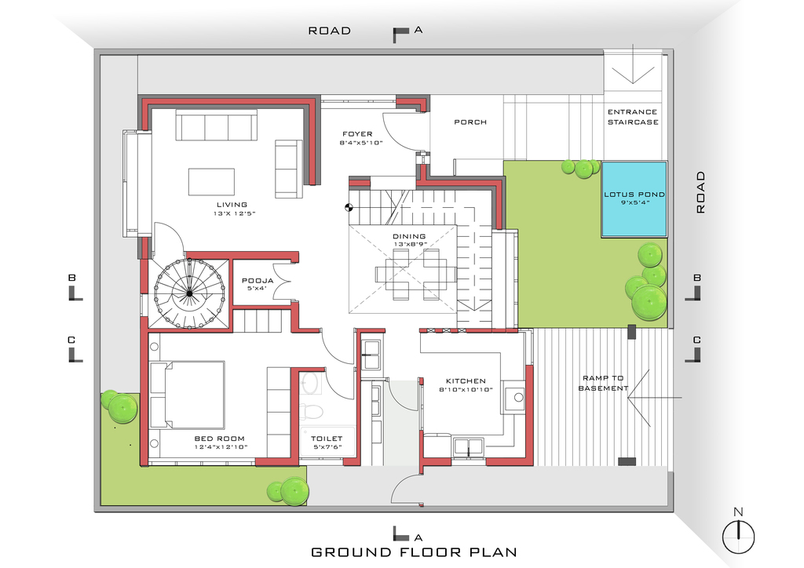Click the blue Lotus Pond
tap(634, 198)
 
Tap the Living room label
tap(232, 204)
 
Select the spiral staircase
tap(190, 293)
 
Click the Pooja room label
tap(258, 281)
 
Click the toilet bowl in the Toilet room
tap(311, 410)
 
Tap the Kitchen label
tap(466, 381)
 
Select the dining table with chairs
tap(416, 274)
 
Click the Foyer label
tap(357, 134)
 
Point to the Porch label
tap(470, 122)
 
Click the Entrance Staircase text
tap(633, 117)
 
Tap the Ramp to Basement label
tap(603, 383)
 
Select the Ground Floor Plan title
tap(414, 552)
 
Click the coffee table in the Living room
tap(211, 182)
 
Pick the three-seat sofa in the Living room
tap(217, 125)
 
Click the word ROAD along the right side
tap(700, 192)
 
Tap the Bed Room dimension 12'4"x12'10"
tap(221, 447)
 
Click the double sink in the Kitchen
tap(468, 446)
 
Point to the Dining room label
tap(409, 237)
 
